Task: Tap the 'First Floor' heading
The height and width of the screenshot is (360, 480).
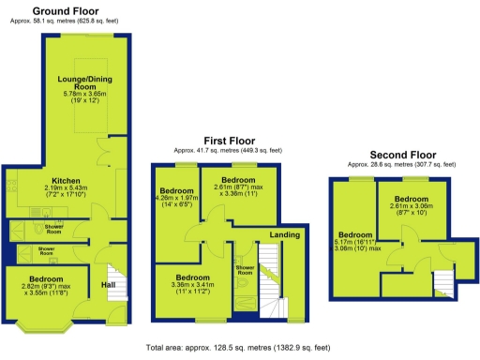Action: pos(227,142)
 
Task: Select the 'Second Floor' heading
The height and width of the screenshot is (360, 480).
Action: pos(402,155)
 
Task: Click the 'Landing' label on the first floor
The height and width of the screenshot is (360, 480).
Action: pos(285,234)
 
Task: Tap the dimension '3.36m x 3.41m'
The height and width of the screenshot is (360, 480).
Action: pos(191,286)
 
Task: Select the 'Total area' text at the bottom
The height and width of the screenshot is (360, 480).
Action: pos(240,348)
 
